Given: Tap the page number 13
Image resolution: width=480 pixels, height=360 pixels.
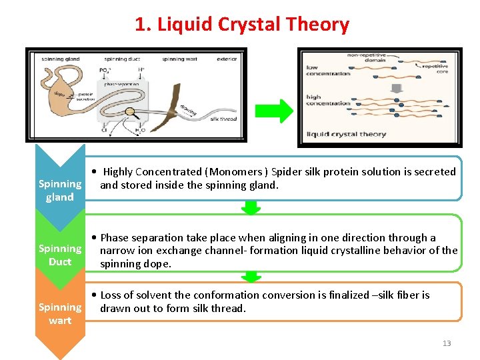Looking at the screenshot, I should [446, 343].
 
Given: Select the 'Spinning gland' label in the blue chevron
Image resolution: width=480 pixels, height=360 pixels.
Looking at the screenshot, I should [60, 190].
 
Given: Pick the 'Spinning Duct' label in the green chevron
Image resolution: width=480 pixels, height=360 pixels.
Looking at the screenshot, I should [60, 255].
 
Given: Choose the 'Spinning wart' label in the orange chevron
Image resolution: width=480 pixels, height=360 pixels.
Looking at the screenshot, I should [60, 313].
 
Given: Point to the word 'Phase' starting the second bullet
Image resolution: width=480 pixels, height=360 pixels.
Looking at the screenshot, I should [115, 237].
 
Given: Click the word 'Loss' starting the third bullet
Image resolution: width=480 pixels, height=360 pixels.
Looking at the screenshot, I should [112, 295].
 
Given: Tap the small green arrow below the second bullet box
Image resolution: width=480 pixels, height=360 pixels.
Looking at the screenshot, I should [251, 276].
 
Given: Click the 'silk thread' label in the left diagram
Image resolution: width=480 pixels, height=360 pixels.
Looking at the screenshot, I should [223, 119].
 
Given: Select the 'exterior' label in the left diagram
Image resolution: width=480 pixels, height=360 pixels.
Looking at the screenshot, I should [226, 59].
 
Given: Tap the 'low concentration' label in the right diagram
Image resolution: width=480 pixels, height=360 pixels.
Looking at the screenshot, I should [327, 70].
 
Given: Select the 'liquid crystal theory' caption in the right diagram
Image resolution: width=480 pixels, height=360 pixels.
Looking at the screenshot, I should [345, 134].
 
